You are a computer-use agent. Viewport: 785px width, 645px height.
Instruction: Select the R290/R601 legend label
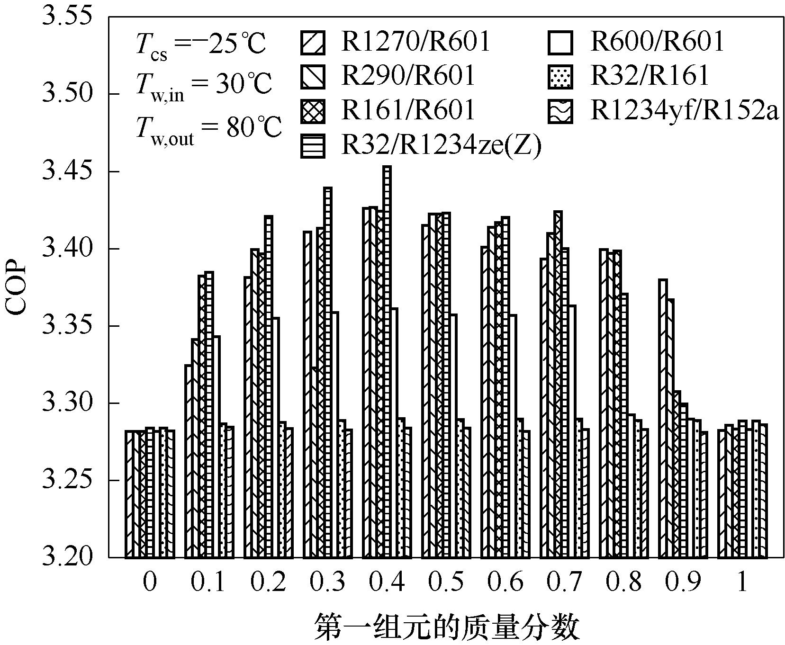407,76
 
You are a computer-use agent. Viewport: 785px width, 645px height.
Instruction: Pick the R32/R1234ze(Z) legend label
441,146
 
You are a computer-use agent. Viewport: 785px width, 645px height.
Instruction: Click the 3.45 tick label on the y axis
66,171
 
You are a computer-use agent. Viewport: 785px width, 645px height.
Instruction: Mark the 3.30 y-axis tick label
66,403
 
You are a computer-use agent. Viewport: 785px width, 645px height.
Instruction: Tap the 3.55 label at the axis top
66,17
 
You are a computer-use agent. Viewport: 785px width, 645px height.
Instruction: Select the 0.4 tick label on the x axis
387,582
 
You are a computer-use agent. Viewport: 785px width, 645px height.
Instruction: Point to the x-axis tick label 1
742,582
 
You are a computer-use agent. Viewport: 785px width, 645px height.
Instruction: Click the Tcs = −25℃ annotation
200,46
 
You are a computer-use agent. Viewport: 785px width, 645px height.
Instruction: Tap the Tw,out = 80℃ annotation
208,128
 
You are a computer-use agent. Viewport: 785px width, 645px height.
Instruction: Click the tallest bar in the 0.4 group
387,360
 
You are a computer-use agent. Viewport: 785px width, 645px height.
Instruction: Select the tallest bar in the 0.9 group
663,417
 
